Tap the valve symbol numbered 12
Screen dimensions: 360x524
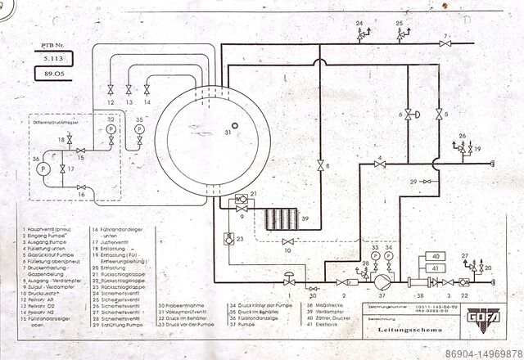[110, 89]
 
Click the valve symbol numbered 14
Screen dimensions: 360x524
[147, 89]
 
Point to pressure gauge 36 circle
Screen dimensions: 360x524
[43, 167]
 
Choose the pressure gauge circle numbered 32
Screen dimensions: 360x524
[111, 129]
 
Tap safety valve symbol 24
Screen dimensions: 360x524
[359, 36]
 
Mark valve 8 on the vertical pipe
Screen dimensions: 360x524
[320, 166]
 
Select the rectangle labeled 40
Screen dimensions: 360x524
[435, 258]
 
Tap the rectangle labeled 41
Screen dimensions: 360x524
[435, 268]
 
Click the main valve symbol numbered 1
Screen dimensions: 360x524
[288, 282]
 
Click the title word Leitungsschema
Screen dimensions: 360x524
[404, 331]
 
